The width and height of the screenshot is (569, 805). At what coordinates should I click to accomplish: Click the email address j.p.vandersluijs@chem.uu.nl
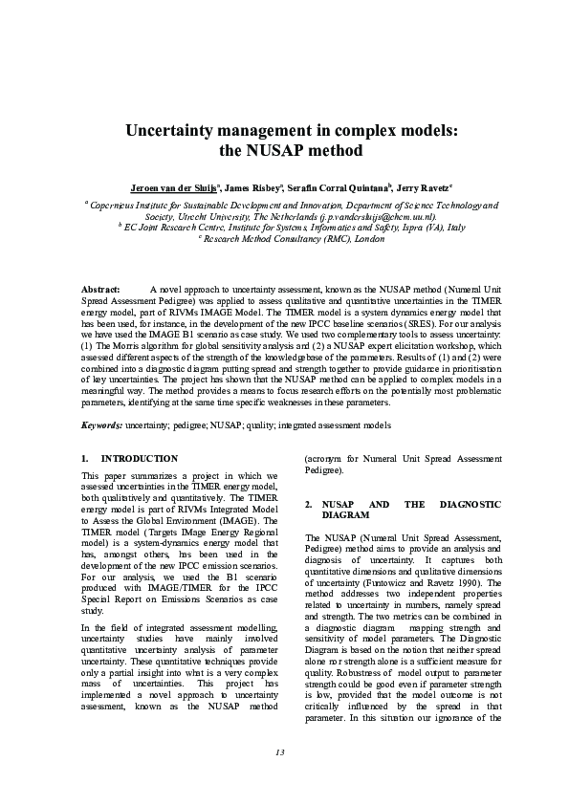(377, 216)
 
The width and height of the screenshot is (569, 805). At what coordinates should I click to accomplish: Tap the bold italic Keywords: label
(101, 424)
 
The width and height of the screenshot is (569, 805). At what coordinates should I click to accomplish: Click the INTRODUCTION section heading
(139, 459)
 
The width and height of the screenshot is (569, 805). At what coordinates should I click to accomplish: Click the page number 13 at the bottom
(280, 753)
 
